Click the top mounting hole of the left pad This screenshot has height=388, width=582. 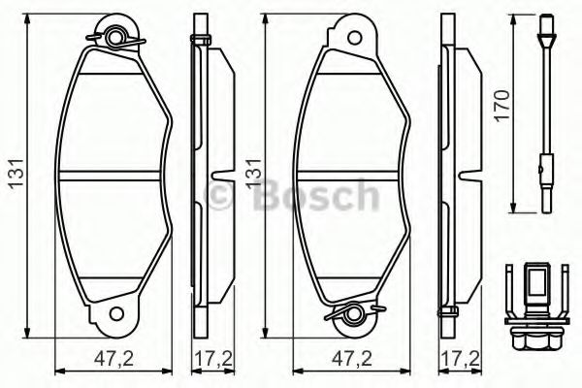tap(117, 40)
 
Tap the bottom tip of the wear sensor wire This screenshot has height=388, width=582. tap(545, 204)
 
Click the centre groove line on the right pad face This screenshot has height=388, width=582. tap(356, 176)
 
